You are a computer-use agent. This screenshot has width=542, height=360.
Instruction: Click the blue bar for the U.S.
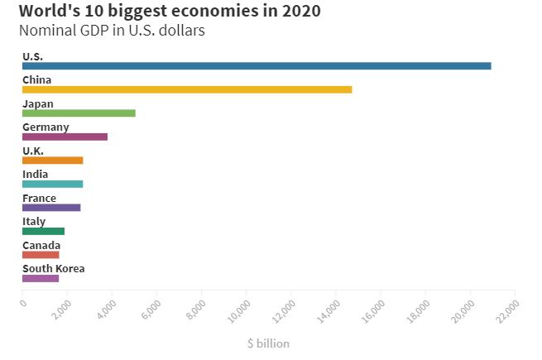click(x=257, y=65)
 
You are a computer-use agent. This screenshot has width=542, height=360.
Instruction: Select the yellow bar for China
click(x=187, y=89)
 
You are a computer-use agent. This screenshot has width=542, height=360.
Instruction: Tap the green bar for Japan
click(x=79, y=113)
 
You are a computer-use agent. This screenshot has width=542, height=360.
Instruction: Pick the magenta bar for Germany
click(x=65, y=137)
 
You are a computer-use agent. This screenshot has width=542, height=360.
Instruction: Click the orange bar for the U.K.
click(x=52, y=160)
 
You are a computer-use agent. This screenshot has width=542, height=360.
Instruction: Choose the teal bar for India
click(x=52, y=184)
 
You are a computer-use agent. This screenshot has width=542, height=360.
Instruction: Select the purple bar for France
click(x=51, y=207)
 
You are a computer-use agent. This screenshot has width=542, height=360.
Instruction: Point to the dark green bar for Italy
click(x=43, y=231)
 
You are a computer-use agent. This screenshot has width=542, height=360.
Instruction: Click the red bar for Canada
click(x=41, y=254)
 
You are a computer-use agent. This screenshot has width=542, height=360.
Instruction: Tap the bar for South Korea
click(x=41, y=278)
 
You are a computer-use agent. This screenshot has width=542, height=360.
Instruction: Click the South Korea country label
click(x=53, y=268)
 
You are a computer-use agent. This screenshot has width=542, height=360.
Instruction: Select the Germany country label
click(x=46, y=127)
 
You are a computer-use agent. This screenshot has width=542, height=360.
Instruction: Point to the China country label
click(x=37, y=79)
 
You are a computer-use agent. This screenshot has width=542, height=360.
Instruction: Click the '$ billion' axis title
click(x=268, y=343)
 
